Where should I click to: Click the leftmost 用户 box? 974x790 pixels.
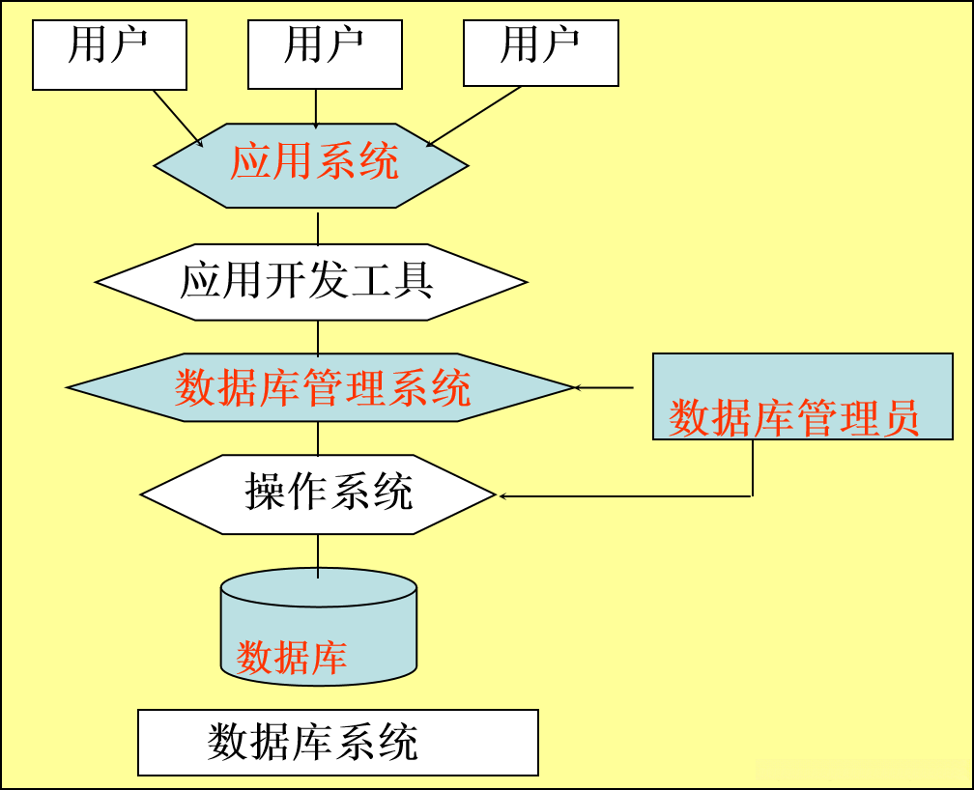(x=109, y=54)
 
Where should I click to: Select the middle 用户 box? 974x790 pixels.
(x=325, y=54)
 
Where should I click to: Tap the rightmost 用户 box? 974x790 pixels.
(x=540, y=54)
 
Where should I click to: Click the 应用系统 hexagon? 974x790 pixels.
(x=312, y=165)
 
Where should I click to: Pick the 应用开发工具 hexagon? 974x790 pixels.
(x=311, y=282)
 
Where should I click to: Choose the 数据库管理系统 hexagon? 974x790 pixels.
(x=321, y=387)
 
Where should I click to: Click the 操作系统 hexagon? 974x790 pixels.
(x=318, y=494)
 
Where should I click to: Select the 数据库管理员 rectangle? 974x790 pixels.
(x=802, y=397)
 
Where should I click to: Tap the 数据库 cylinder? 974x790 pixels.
(x=319, y=629)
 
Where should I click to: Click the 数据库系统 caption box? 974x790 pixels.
(x=337, y=743)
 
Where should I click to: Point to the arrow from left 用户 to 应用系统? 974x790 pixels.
(x=178, y=118)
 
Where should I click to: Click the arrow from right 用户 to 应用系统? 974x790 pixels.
(x=473, y=117)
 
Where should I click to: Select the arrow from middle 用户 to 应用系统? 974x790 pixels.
(x=316, y=107)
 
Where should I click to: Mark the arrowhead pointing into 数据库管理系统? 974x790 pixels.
(x=580, y=388)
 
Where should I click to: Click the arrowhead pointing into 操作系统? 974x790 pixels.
(x=502, y=496)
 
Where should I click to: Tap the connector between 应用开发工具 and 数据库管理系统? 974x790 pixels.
(x=318, y=337)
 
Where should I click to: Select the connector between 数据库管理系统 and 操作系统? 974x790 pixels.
(x=318, y=438)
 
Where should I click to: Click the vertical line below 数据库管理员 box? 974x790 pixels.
(x=753, y=467)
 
